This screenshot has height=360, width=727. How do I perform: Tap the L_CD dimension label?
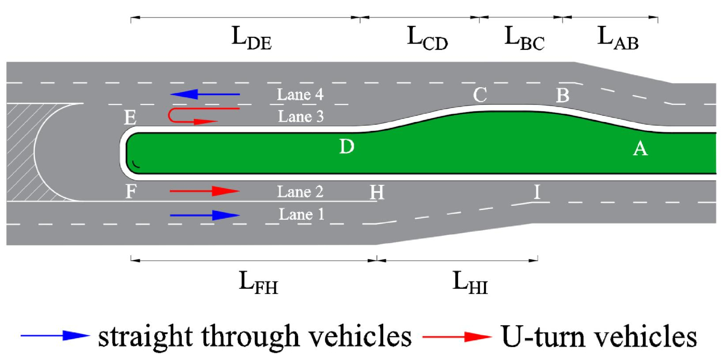click(x=427, y=39)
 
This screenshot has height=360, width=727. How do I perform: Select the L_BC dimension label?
click(x=524, y=39)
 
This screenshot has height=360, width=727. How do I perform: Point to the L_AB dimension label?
click(x=617, y=39)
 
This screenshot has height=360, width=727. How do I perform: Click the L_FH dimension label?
click(x=258, y=283)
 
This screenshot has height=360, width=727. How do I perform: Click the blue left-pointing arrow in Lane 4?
click(x=205, y=94)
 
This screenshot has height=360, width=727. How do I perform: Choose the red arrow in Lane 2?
click(x=205, y=191)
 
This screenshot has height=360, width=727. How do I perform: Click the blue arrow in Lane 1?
click(x=205, y=215)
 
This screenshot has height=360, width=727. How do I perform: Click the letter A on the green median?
click(x=640, y=149)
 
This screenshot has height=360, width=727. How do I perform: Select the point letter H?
click(x=377, y=193)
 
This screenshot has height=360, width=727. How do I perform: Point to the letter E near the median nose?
click(x=130, y=118)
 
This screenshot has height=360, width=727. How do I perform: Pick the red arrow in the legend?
click(x=457, y=337)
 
